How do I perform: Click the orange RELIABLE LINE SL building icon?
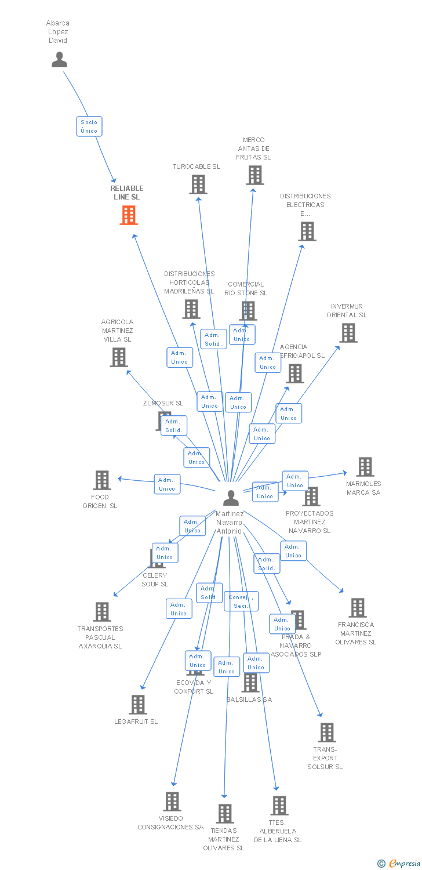pos(129,215)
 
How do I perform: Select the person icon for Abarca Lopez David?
pos(59,60)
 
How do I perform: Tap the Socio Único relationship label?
pos(89,126)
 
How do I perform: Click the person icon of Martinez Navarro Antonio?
pos(231,498)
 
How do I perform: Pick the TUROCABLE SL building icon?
pos(198,184)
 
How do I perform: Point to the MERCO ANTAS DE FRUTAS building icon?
pos(254,175)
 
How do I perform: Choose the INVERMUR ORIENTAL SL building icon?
pos(348,333)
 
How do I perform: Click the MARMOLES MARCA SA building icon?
pos(365,467)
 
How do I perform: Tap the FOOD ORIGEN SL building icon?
pos(102,480)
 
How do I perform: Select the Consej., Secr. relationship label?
pos(241,601)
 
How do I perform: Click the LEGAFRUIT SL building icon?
pos(138,705)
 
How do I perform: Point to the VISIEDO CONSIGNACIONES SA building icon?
pos(172,802)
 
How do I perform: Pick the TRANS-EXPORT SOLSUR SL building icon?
pos(327,733)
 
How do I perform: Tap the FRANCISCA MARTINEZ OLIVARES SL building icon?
pos(358,608)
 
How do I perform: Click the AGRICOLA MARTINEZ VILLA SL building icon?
pos(119,357)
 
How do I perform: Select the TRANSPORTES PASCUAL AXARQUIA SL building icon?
pos(102,612)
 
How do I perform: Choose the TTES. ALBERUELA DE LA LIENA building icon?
pos(279,806)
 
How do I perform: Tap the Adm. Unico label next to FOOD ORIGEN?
pos(167,484)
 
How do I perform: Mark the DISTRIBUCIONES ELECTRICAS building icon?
pos(307,231)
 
